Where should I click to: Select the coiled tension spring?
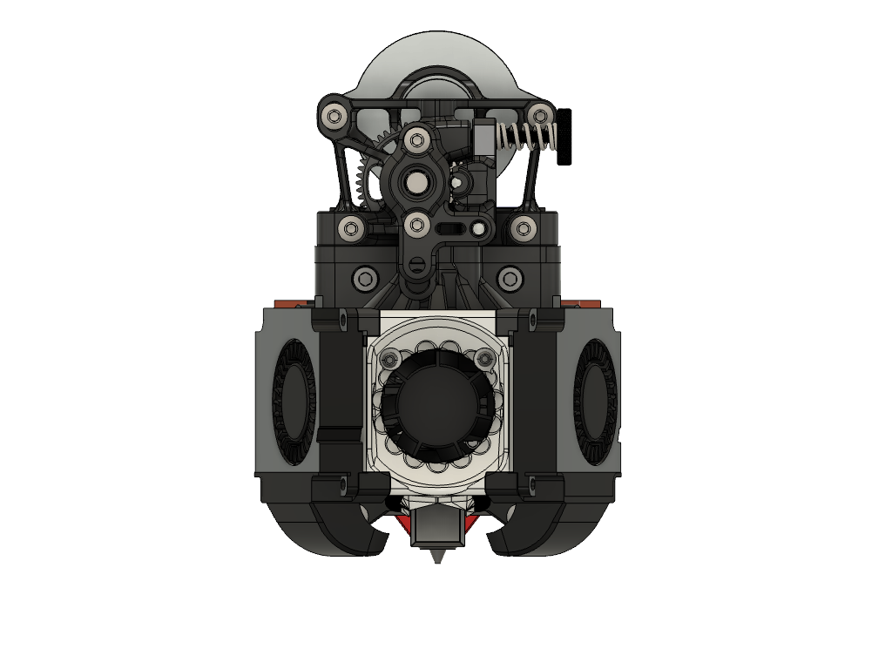pyautogui.click(x=526, y=136)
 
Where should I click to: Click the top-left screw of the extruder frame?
pyautogui.click(x=332, y=115)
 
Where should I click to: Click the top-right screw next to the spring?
pyautogui.click(x=540, y=114)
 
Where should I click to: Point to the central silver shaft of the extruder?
pyautogui.click(x=416, y=181)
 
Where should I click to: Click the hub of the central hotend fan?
pyautogui.click(x=436, y=402)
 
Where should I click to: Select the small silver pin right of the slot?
pyautogui.click(x=478, y=230)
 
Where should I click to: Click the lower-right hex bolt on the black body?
pyautogui.click(x=509, y=280)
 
